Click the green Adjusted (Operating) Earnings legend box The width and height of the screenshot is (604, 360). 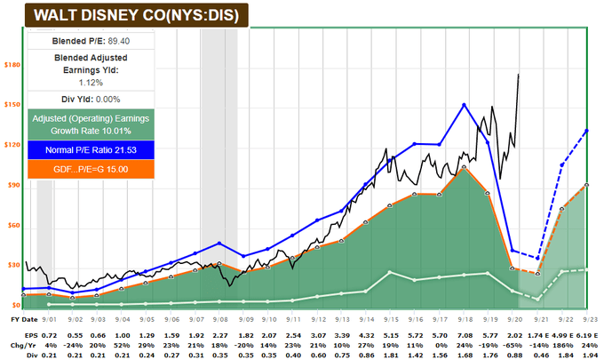click(x=91, y=124)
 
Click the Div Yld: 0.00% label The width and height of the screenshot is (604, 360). click(x=90, y=99)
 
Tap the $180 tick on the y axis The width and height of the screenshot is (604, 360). click(x=13, y=65)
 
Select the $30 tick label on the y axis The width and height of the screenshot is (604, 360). click(x=13, y=265)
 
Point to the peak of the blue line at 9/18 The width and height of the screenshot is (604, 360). click(x=464, y=105)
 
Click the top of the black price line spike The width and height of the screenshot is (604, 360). click(x=519, y=75)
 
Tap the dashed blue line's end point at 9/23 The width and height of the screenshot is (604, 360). click(x=587, y=131)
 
